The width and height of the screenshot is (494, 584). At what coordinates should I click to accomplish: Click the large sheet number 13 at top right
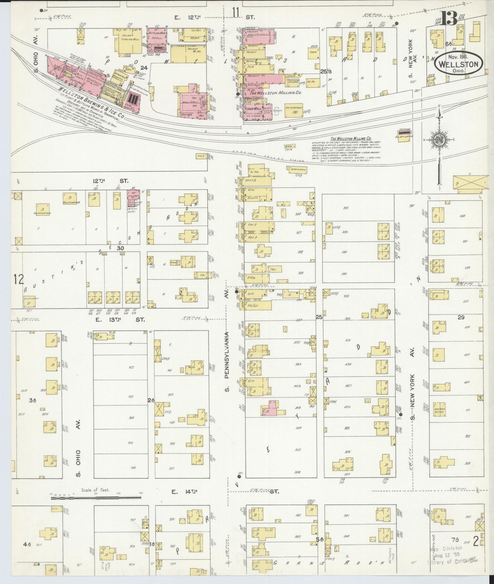coord(449,18)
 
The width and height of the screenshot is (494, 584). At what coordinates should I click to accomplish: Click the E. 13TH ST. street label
coord(120,320)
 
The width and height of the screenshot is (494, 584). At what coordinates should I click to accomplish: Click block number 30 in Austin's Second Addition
coord(120,248)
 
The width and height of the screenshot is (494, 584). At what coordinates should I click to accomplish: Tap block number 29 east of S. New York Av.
coord(461,317)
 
